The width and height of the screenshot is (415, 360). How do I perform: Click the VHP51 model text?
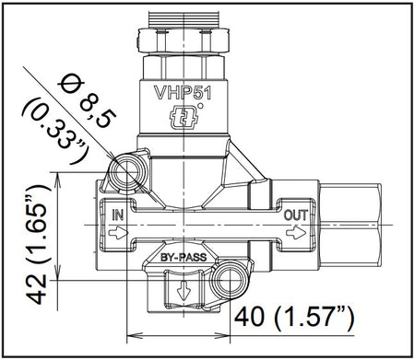tap(183, 92)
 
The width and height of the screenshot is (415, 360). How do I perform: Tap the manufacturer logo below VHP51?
tap(184, 116)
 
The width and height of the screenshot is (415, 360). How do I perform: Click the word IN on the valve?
tap(117, 215)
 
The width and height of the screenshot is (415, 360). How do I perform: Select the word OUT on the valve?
tap(295, 215)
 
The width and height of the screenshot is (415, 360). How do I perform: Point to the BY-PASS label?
tap(184, 257)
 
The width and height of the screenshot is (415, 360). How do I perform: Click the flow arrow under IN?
tap(118, 234)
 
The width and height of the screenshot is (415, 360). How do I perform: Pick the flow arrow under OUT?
tap(296, 233)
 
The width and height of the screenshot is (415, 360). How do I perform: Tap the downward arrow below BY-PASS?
tap(184, 290)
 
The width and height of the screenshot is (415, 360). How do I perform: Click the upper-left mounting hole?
tap(126, 172)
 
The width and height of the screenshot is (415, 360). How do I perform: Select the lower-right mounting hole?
tap(230, 280)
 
